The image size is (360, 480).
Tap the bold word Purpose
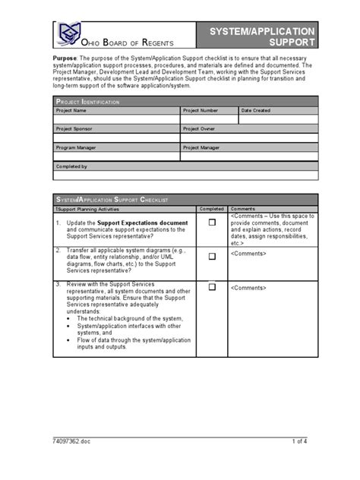tap(65, 58)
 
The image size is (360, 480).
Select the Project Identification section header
tap(87, 101)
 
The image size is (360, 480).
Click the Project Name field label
tap(71, 111)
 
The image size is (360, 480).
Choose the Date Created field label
tap(256, 111)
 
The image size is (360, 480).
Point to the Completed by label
tap(72, 166)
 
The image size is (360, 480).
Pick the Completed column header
tap(212, 208)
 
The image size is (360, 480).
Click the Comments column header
tap(243, 208)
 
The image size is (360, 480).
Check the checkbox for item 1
tap(213, 222)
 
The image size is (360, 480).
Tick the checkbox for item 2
tap(213, 257)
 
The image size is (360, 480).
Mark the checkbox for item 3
tap(213, 287)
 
